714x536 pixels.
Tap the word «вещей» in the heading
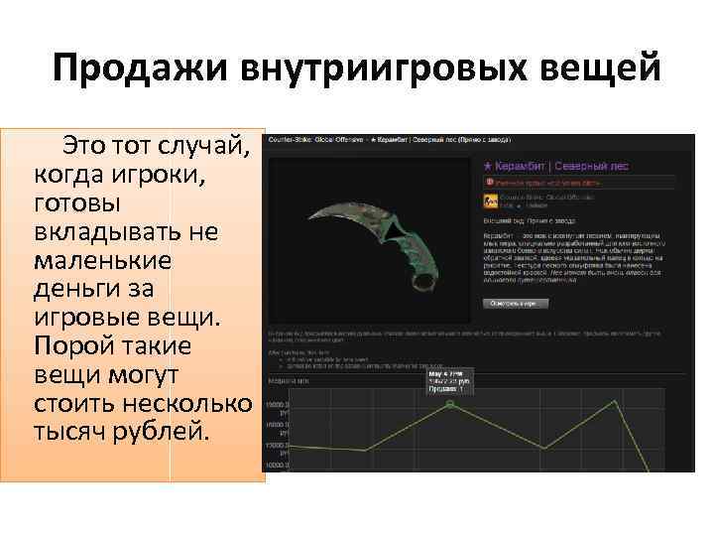(x=605, y=70)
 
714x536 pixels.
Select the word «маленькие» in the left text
(x=102, y=262)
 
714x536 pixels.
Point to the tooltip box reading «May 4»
(x=449, y=380)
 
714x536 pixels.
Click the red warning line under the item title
(x=541, y=183)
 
